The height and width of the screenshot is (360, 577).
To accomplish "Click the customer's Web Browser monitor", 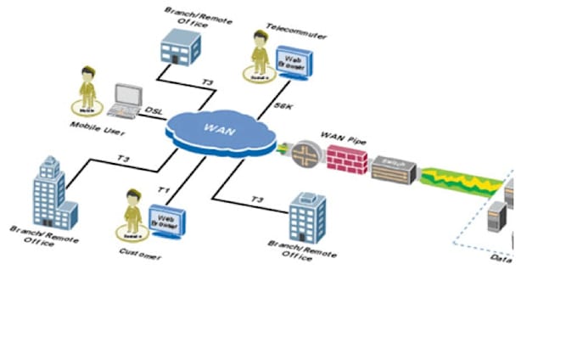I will (166, 220).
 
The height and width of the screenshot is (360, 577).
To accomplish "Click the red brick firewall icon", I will (345, 159).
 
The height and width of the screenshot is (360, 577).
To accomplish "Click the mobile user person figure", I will (87, 87).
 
